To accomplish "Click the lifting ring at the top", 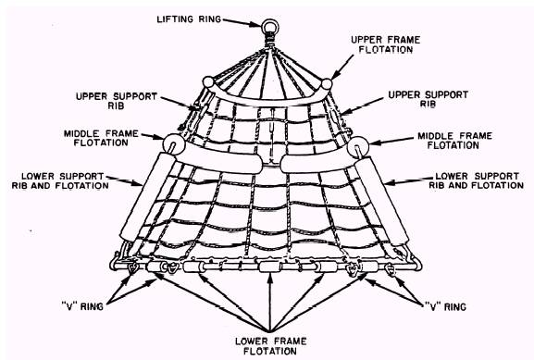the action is click(x=270, y=20).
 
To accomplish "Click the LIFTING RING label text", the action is click(x=189, y=19).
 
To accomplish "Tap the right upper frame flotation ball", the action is click(x=327, y=84).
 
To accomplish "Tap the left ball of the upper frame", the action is click(x=208, y=82).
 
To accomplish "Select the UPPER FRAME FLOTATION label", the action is click(x=386, y=44).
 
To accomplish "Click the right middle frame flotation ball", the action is click(x=358, y=146).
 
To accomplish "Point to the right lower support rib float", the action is click(x=382, y=201).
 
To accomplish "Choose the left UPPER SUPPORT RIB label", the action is click(x=116, y=101).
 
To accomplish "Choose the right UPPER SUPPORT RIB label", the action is click(x=428, y=99).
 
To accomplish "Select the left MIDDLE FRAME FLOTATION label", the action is click(x=101, y=138).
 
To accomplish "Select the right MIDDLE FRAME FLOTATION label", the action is click(x=454, y=141).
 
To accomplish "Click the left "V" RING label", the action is click(x=82, y=306).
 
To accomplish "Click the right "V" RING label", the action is click(x=445, y=307).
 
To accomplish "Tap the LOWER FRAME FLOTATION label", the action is click(x=271, y=346).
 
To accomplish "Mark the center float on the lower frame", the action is click(x=270, y=267).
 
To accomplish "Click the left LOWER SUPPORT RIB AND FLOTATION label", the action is click(x=60, y=180).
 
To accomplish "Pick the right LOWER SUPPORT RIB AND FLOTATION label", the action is click(x=476, y=180).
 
